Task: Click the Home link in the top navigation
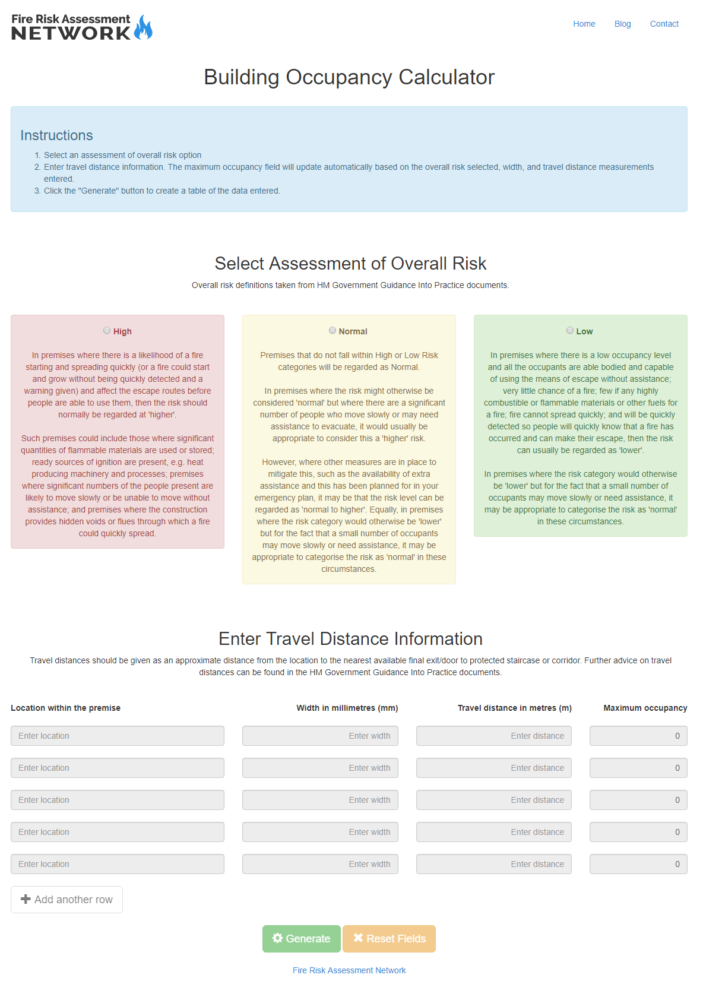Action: (x=584, y=24)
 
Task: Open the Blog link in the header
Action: (x=622, y=24)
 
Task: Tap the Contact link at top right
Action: (x=664, y=24)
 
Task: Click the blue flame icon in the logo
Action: (x=143, y=28)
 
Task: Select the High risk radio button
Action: (x=107, y=330)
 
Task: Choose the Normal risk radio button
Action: (x=332, y=330)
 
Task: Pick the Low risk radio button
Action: (x=570, y=330)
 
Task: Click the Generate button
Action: (x=301, y=938)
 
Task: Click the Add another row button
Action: (x=66, y=899)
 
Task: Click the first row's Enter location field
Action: (x=117, y=735)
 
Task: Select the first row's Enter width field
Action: (x=320, y=735)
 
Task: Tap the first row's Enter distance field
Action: (x=493, y=735)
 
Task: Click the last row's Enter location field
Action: (x=117, y=863)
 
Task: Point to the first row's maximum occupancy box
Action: (x=638, y=735)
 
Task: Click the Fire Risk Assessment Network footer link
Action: (x=349, y=970)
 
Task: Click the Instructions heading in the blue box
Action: (x=56, y=135)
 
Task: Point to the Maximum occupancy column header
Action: (x=645, y=707)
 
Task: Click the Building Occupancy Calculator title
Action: (x=349, y=77)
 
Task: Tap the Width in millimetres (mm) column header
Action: (x=347, y=707)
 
